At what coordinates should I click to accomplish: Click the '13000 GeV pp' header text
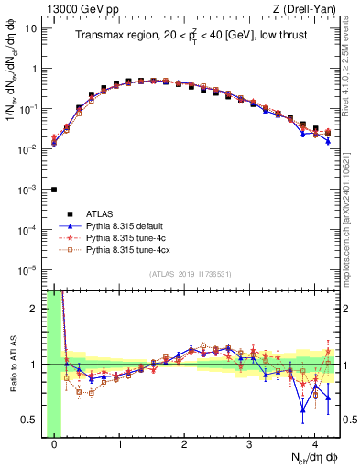(80, 8)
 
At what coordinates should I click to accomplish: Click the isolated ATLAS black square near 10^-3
(54, 190)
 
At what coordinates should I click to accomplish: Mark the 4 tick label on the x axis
(314, 443)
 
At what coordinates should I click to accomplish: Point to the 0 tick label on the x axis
(54, 443)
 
